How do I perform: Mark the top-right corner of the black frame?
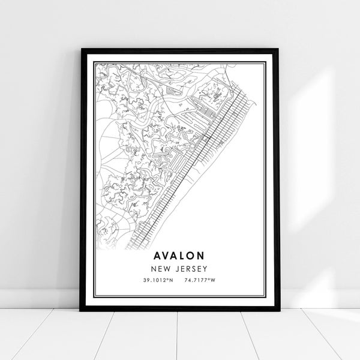point(280,49)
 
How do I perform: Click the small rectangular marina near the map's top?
point(173,91)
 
